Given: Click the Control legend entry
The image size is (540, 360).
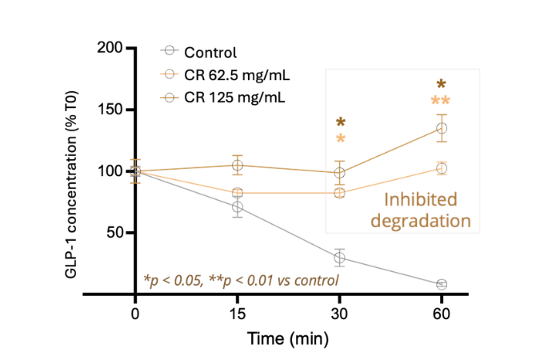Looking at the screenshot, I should (x=210, y=54).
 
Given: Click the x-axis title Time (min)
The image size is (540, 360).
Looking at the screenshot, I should (x=287, y=339).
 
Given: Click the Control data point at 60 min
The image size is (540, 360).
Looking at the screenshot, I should (x=442, y=284).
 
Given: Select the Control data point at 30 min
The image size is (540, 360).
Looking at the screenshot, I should (x=340, y=257).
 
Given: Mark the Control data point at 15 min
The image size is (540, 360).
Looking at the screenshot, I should (x=238, y=207).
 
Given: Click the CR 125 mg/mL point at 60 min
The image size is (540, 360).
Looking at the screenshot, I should (x=442, y=128).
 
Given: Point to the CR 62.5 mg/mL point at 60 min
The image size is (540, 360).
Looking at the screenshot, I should (x=442, y=168).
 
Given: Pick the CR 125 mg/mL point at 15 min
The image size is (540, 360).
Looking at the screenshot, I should (x=238, y=166).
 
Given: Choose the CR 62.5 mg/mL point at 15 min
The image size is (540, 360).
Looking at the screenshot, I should (x=238, y=193).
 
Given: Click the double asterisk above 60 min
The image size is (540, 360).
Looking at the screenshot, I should (x=441, y=102).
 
